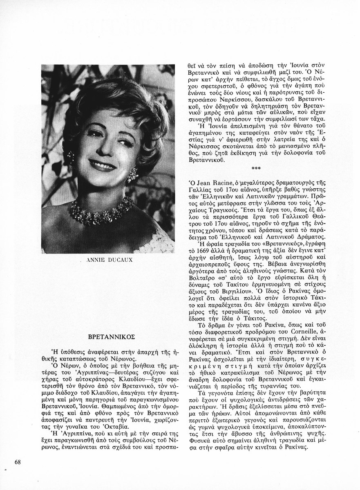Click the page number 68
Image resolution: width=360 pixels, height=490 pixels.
click(18, 462)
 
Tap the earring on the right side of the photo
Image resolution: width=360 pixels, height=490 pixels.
click(133, 176)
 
